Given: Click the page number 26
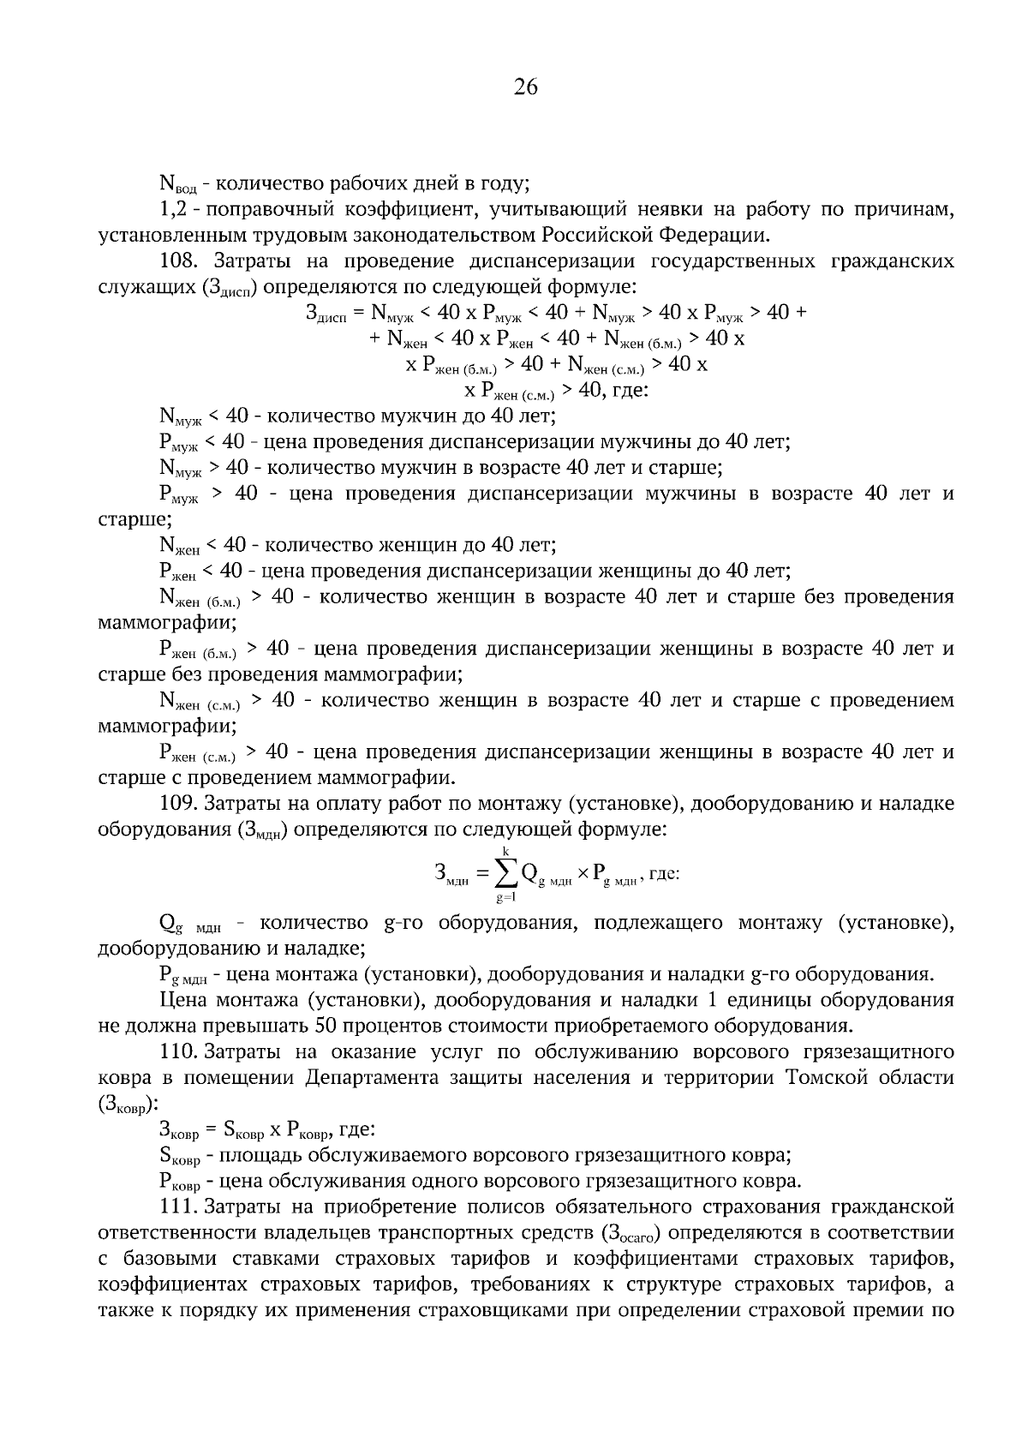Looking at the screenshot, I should pyautogui.click(x=525, y=87).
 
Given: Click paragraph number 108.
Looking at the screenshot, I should pyautogui.click(x=177, y=260).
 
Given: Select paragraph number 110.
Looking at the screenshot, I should pyautogui.click(x=177, y=1051).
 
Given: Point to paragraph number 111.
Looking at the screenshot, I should pyautogui.click(x=177, y=1207).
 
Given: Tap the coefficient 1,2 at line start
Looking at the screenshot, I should pyautogui.click(x=171, y=209).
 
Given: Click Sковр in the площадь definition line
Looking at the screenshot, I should pyautogui.click(x=178, y=1157).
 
